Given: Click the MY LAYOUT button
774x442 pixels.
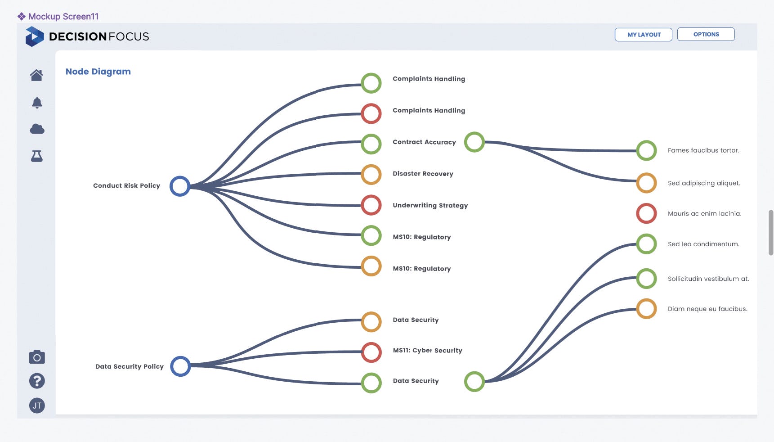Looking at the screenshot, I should [643, 35].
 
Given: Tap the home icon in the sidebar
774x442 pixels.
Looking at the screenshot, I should [37, 75].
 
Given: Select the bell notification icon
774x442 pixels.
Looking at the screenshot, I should [37, 103].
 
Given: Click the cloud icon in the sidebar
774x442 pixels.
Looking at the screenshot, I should [37, 130].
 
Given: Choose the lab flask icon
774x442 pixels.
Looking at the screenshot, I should [37, 156].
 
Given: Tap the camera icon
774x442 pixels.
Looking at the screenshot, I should [37, 357].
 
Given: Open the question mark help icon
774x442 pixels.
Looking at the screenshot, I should [37, 381].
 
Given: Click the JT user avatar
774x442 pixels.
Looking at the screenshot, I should [37, 406].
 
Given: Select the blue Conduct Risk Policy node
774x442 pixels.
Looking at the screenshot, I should [180, 186].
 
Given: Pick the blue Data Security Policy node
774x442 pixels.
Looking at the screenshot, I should [180, 366].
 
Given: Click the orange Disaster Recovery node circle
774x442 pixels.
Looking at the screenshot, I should [371, 174].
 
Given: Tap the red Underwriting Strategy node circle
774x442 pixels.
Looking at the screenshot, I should [371, 205].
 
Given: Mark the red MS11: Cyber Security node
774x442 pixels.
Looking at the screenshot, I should [371, 352].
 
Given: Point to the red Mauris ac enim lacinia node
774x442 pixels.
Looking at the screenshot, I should [646, 213].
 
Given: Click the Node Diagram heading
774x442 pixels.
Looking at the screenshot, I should [98, 72].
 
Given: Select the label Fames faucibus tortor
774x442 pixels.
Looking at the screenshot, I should [703, 150].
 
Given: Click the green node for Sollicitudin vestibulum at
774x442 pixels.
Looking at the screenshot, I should [646, 279].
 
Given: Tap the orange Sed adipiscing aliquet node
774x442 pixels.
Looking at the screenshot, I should [646, 183].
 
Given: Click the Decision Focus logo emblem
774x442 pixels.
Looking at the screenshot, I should [35, 36].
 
